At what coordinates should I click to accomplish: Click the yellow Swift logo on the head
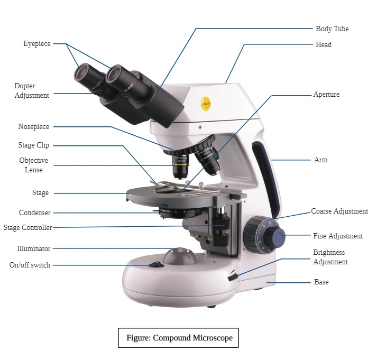pos(206,104)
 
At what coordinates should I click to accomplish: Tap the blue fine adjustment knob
pos(276,237)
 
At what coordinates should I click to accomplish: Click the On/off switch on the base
pos(155,265)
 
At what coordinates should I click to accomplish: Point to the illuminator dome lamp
pos(180,256)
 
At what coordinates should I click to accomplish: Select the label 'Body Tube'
pos(332,29)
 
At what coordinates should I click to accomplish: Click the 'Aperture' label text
pos(326,95)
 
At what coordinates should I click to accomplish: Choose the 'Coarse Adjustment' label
pos(339,211)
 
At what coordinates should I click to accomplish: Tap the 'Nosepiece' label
pos(34,127)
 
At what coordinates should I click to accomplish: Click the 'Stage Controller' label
pos(27,228)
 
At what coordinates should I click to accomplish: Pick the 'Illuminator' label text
pos(34,249)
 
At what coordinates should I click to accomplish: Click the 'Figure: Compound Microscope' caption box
pos(178,338)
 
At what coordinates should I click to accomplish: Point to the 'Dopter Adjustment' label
pos(32,90)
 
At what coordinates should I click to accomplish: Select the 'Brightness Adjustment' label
pos(330,257)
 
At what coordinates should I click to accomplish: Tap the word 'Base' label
pos(321,282)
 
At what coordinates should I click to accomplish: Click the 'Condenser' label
pos(34,213)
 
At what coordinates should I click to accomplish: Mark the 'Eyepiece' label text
pos(37,44)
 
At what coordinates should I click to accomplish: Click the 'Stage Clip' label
pos(34,145)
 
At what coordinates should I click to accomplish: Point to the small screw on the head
pos(200,127)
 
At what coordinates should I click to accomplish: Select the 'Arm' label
pos(321,160)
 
